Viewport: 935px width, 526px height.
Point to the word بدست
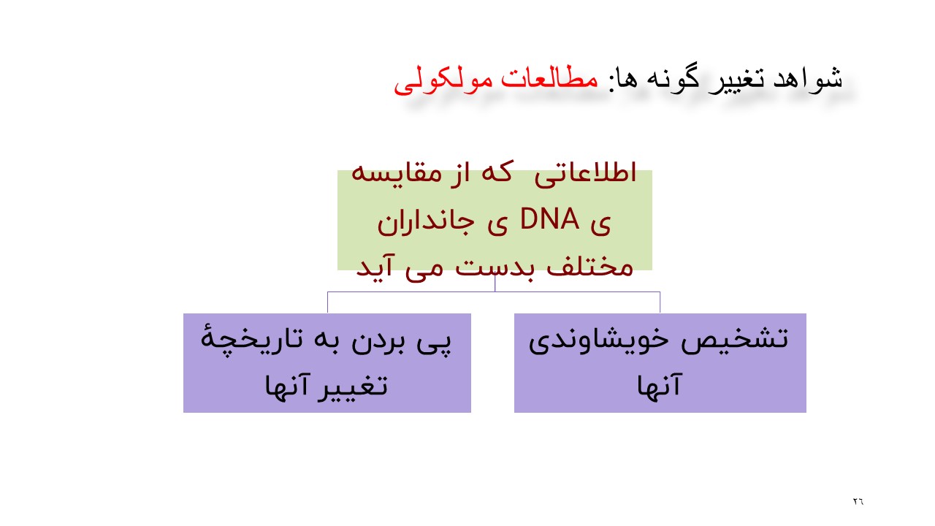pyautogui.click(x=497, y=267)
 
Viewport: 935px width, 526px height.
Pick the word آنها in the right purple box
pyautogui.click(x=660, y=386)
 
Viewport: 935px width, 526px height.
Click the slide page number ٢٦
pyautogui.click(x=858, y=502)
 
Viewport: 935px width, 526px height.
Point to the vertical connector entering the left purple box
pyautogui.click(x=327, y=302)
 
